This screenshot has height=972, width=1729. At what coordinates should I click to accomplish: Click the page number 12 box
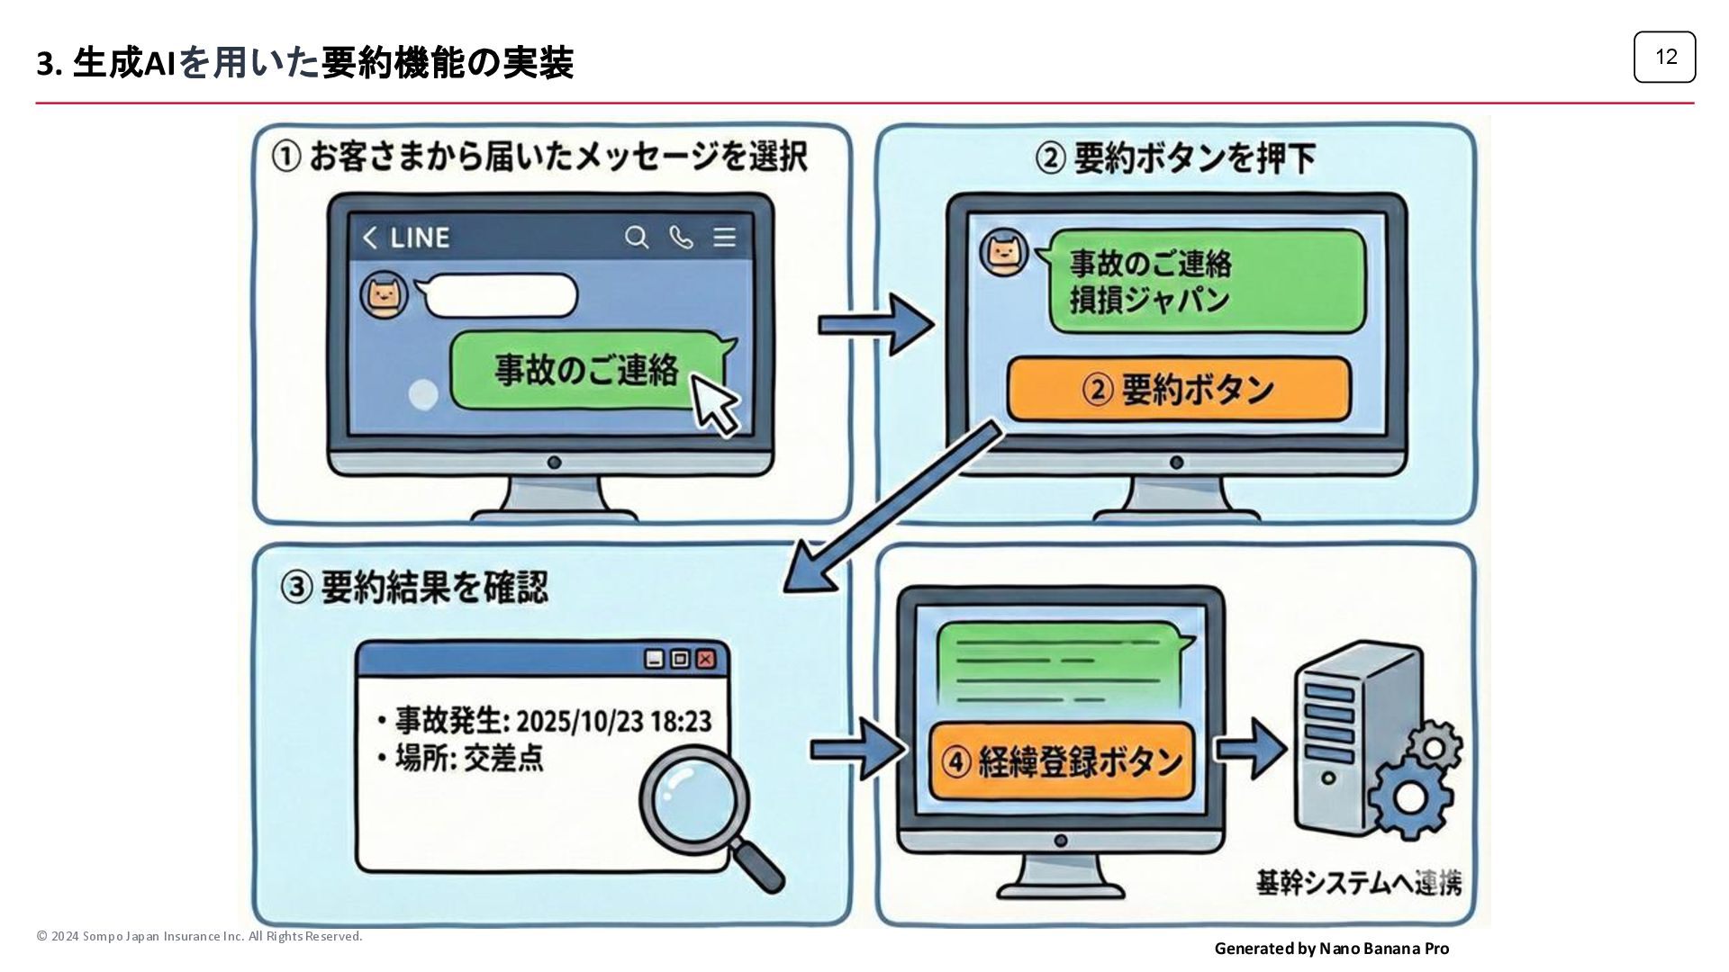tap(1664, 57)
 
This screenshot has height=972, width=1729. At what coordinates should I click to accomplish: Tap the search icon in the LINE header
tap(637, 238)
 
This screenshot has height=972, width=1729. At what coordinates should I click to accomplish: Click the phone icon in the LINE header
tap(681, 238)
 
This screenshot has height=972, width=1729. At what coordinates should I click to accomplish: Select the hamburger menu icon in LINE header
tap(725, 238)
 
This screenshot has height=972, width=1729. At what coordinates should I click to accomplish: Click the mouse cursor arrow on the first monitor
tap(714, 405)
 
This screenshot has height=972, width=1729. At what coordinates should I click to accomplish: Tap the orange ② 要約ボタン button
tap(1178, 390)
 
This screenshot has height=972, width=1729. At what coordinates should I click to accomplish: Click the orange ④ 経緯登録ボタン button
tap(1061, 761)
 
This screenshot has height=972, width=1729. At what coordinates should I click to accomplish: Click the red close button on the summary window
tap(706, 659)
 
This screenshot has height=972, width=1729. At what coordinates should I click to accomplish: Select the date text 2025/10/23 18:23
tap(614, 721)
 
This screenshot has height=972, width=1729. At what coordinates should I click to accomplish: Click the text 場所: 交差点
tap(469, 759)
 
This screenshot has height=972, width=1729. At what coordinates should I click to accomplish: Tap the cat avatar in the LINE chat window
tap(384, 296)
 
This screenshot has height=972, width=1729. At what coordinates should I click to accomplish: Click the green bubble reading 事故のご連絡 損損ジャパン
tap(1207, 281)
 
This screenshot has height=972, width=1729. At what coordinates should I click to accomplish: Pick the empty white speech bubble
tap(500, 296)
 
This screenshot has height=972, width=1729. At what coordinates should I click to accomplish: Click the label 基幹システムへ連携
tap(1358, 884)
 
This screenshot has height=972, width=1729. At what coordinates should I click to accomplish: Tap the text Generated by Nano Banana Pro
tap(1331, 949)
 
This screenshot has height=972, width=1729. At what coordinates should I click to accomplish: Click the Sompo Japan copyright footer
tap(199, 937)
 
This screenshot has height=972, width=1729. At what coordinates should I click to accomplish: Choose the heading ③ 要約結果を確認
tap(414, 588)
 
